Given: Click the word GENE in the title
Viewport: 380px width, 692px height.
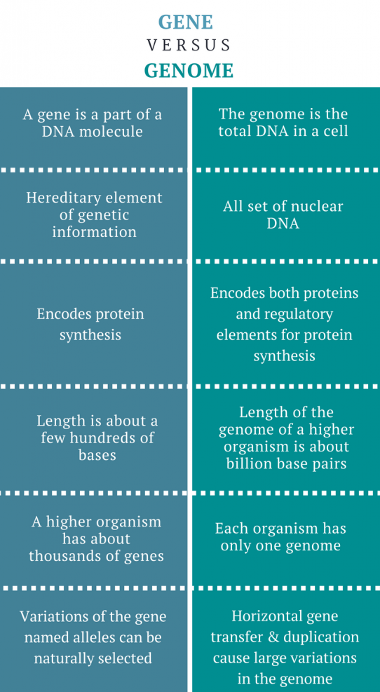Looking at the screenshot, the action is (186, 21).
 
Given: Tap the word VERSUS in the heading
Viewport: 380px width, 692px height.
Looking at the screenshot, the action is (189, 45).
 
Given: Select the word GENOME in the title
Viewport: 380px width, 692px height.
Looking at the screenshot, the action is (189, 71).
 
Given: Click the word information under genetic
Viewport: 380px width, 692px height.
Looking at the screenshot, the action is (95, 231).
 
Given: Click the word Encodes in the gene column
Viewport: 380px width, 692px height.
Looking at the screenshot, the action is (64, 314).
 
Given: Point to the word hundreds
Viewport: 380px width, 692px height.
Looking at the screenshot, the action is (105, 437).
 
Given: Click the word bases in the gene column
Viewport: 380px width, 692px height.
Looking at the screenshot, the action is (97, 454).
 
